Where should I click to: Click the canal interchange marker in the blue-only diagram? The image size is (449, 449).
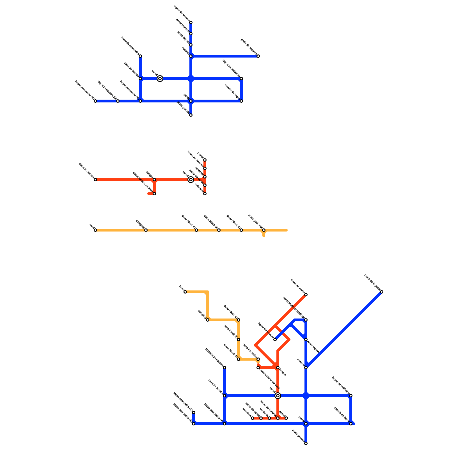[x=160, y=79]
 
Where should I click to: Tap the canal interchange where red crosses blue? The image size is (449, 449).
[x=278, y=396]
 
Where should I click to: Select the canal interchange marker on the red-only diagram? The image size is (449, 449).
[x=191, y=180]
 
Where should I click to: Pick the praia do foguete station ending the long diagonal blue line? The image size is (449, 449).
[x=382, y=292]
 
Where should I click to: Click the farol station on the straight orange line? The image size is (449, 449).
[x=95, y=230]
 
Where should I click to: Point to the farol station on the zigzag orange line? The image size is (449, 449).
[x=185, y=292]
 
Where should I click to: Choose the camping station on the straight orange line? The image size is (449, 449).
[x=146, y=230]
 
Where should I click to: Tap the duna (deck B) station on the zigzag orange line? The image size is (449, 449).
[x=239, y=340]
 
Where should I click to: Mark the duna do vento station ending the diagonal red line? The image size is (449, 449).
[x=306, y=295]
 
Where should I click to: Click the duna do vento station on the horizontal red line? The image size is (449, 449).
[x=95, y=180]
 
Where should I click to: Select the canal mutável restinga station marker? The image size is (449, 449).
[x=306, y=320]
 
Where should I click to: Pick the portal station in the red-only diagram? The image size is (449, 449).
[x=205, y=160]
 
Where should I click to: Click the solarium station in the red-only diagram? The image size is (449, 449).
[x=205, y=194]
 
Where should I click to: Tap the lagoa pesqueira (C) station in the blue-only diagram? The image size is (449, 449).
[x=95, y=101]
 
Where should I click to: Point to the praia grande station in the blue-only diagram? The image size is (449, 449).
[x=191, y=115]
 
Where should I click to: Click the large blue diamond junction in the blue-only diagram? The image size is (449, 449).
[x=191, y=79]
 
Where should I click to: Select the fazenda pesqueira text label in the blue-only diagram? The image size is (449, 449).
[x=130, y=46]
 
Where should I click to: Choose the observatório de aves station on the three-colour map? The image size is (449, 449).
[x=258, y=368]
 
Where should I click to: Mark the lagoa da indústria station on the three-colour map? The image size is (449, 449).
[x=351, y=396]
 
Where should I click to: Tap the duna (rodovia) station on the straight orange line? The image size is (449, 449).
[x=264, y=230]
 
